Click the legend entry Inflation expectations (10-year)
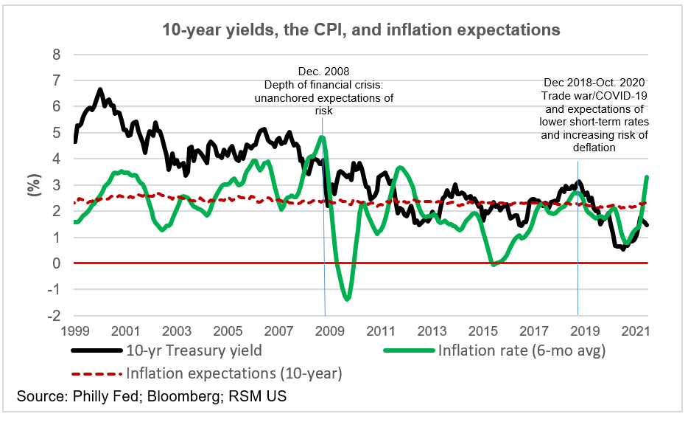click(x=234, y=373)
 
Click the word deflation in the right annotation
click(x=594, y=148)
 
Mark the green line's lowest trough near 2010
click(x=347, y=298)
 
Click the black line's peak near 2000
click(x=100, y=90)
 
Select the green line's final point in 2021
click(x=647, y=177)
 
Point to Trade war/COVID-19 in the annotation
click(x=594, y=96)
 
